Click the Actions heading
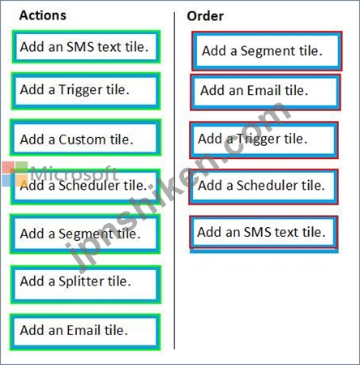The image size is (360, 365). point(43,15)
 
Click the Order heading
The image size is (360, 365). point(205,16)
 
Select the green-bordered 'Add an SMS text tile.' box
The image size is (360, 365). point(86,47)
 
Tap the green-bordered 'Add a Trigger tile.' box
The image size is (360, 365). point(86,91)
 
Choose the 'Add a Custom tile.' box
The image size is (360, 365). point(85,138)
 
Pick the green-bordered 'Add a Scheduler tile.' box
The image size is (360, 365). point(85,187)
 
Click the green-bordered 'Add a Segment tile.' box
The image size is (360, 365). point(85,234)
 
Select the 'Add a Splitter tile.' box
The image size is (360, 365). point(86,285)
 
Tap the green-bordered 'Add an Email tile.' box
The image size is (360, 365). point(85,332)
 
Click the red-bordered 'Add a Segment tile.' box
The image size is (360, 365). point(267,51)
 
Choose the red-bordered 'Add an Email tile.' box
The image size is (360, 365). point(265,92)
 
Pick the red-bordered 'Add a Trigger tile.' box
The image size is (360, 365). point(264,140)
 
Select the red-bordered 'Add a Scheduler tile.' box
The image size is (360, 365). point(264,187)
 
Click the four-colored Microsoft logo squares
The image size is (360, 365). point(15,174)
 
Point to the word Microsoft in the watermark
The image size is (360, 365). point(74,173)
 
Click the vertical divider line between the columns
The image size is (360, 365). point(174,180)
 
